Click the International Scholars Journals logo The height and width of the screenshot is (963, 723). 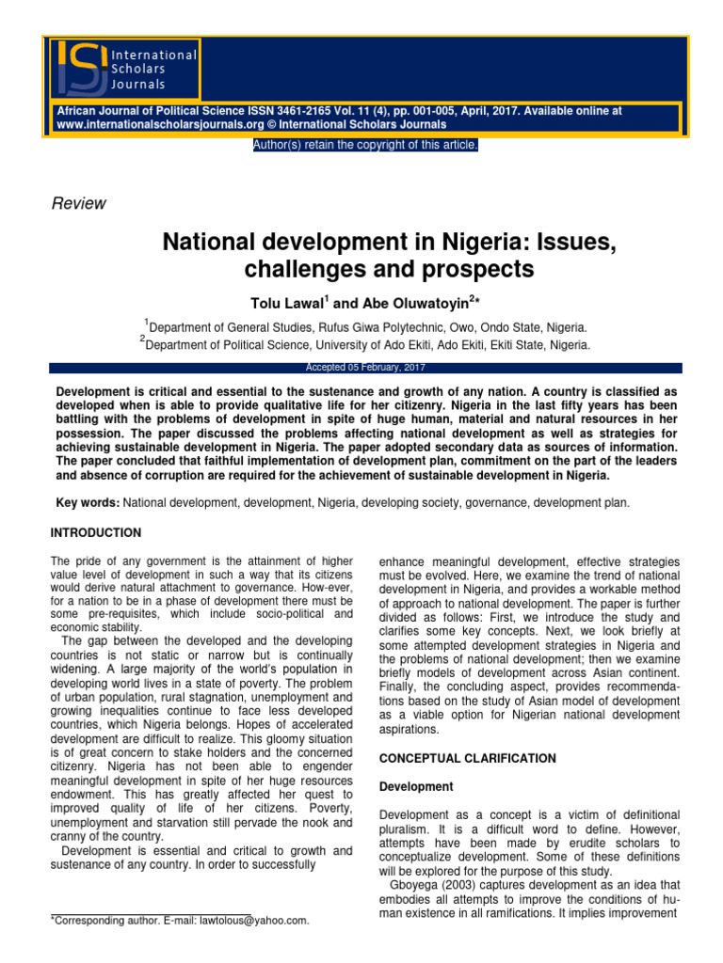click(123, 68)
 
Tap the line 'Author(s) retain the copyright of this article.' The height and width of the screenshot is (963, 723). click(365, 144)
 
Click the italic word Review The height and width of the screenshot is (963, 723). click(77, 204)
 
